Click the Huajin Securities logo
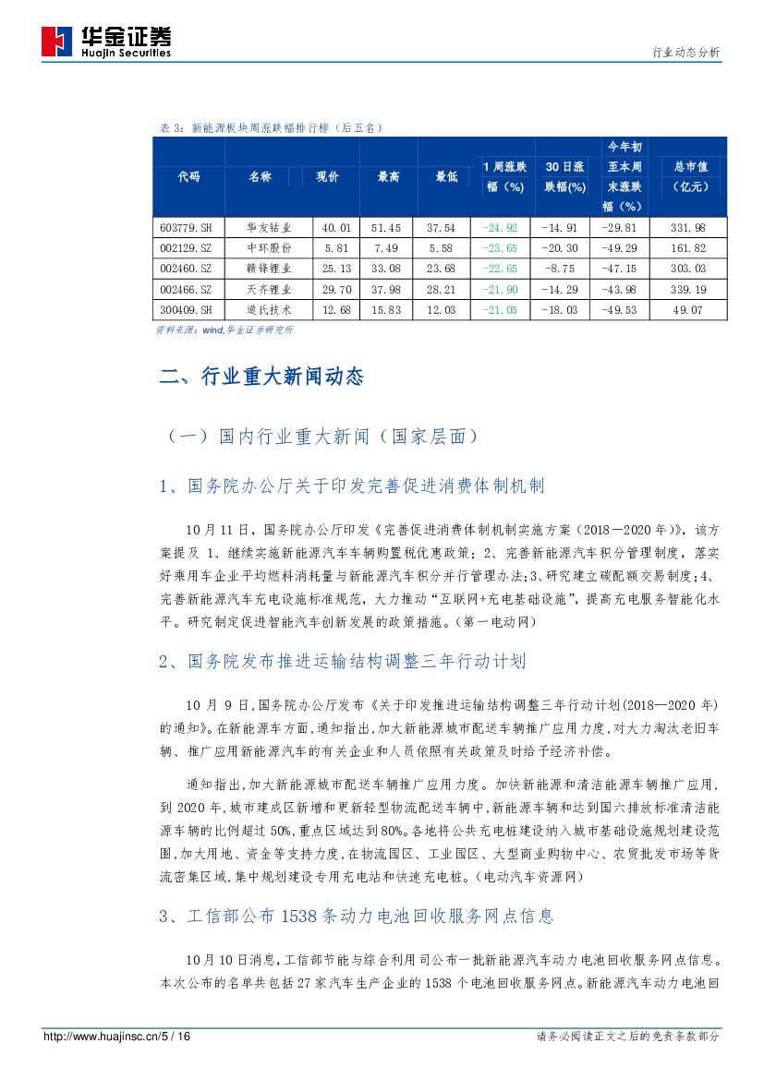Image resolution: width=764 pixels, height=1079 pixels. pos(106,42)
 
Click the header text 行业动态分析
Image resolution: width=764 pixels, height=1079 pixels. pos(685,53)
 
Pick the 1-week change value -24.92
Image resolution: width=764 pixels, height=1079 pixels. pos(500,227)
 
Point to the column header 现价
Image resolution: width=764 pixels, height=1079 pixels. pos(328,176)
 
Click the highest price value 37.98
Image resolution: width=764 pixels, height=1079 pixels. pos(388,290)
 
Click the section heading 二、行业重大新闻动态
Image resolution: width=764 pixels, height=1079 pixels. pos(261,377)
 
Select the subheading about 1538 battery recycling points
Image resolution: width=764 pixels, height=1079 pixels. pos(357,917)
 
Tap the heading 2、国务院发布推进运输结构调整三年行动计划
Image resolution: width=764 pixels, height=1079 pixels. pos(342,662)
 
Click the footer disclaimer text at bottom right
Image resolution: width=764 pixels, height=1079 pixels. pos(628,1037)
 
